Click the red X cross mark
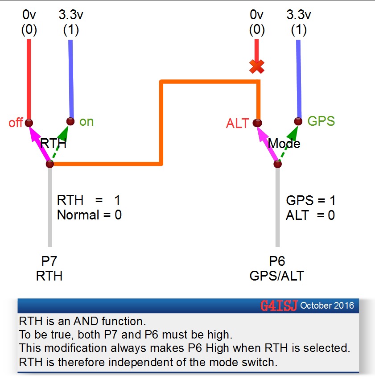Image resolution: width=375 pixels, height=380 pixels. [x=257, y=67]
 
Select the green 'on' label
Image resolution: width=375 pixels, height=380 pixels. [x=87, y=121]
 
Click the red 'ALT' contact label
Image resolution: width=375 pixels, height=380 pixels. [x=237, y=124]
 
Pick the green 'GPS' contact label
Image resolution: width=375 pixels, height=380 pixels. [x=321, y=121]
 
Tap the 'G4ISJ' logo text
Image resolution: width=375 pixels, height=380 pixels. [x=278, y=306]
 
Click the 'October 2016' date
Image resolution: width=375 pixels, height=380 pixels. [x=327, y=306]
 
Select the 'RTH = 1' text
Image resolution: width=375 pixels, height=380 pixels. [x=89, y=200]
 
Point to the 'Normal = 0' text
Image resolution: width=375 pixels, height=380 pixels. [x=89, y=215]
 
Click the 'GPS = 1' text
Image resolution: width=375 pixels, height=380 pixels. [x=310, y=200]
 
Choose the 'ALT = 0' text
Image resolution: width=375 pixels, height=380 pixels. [x=310, y=215]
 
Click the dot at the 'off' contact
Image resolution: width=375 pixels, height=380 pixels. [x=29, y=123]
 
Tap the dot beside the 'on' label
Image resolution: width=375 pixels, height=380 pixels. [x=70, y=121]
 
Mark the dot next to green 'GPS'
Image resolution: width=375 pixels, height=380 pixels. [x=298, y=121]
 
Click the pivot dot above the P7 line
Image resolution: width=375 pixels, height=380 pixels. [x=49, y=164]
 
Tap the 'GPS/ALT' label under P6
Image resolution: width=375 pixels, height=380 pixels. [x=276, y=276]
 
